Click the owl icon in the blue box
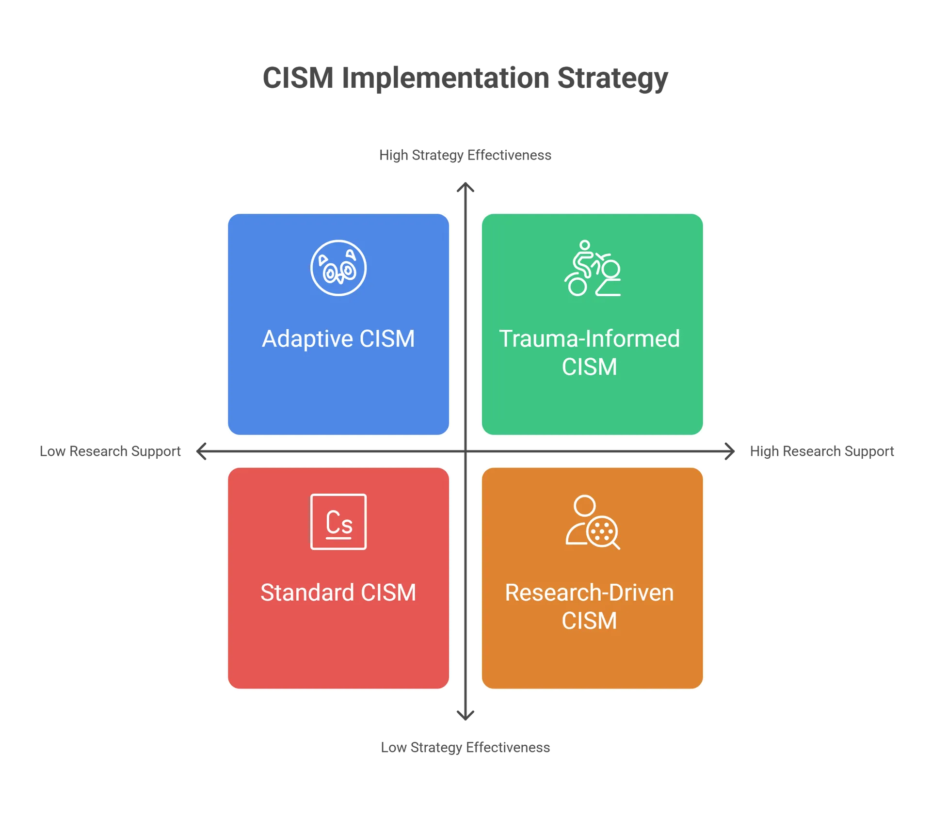coord(338,268)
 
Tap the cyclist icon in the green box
coord(592,268)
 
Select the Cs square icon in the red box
coord(338,522)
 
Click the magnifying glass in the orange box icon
coord(603,533)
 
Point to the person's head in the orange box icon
coord(584,506)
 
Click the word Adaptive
coord(307,339)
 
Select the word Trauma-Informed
coord(589,338)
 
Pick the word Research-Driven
coord(589,593)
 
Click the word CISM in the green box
coord(589,367)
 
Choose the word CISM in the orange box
coord(589,621)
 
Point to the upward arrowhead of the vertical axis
coord(465,186)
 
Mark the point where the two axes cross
coord(465,451)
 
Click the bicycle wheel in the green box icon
coord(577,286)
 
